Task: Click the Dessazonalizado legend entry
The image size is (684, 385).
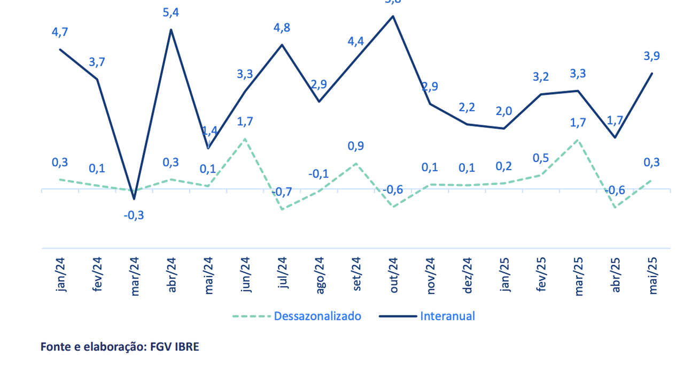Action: click(317, 316)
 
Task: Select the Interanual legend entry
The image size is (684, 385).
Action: click(447, 316)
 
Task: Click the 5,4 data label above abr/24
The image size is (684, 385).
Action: click(171, 13)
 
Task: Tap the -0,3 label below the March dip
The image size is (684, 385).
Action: click(134, 215)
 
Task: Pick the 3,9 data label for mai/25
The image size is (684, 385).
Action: click(651, 56)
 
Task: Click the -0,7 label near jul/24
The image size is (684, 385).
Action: click(282, 192)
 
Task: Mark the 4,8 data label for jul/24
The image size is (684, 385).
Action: click(282, 28)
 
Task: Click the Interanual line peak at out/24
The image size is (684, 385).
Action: click(393, 16)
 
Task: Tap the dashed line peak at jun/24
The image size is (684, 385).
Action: click(245, 139)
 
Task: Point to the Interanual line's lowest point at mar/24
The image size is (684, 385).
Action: click(134, 199)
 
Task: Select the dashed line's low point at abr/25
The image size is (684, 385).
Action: click(615, 207)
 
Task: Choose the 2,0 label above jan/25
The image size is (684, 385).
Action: click(504, 111)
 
